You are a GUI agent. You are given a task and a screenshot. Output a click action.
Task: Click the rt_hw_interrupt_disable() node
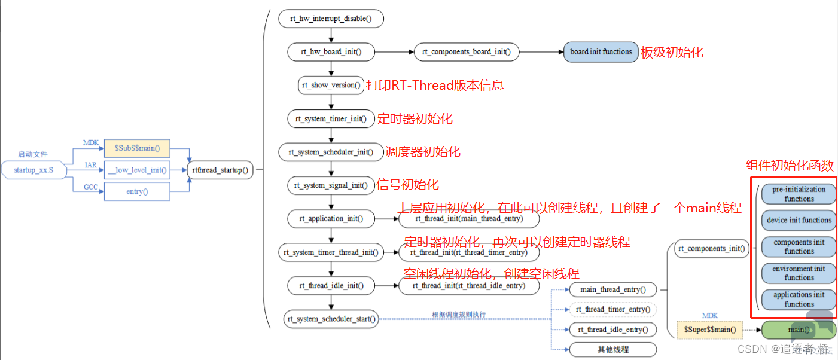331,19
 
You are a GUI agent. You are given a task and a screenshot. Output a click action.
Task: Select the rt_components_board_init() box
467,52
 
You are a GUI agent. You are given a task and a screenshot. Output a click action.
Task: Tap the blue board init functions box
601,52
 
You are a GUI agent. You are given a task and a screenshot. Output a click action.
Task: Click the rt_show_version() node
331,86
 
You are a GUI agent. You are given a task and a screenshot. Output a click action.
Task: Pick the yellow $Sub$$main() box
137,148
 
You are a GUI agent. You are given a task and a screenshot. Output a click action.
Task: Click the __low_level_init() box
137,170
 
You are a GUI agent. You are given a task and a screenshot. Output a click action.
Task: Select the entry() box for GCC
137,191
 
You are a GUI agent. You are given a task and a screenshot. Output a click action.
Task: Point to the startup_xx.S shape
33,170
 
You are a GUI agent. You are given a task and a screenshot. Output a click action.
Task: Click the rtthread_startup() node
220,170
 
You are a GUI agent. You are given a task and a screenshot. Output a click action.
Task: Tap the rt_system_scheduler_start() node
331,319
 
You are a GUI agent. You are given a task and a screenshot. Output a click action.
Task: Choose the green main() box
799,330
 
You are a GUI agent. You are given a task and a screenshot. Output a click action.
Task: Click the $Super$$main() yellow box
709,330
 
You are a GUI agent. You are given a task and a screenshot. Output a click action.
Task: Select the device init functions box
799,220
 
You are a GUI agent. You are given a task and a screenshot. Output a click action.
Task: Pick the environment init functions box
799,273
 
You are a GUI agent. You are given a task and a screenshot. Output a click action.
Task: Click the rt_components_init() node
712,249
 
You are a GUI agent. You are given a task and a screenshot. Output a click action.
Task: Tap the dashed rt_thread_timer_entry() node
612,310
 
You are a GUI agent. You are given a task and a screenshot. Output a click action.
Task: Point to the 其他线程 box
612,349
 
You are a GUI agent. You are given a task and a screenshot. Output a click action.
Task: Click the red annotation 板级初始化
672,53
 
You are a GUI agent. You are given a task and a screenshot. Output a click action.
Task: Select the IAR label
90,165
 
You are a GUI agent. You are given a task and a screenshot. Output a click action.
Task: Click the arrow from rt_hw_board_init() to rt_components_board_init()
394,52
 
